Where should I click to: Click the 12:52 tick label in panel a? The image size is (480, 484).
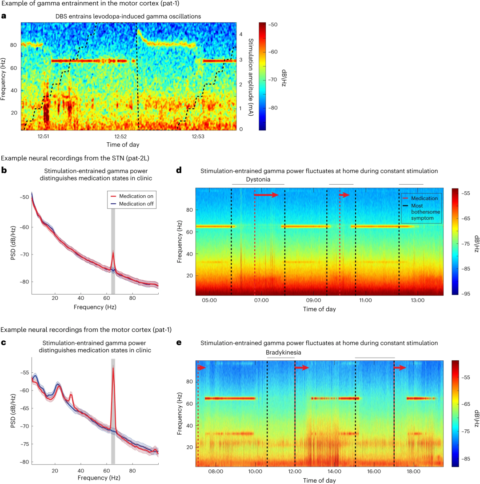coord(121,136)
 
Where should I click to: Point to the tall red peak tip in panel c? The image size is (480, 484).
coord(113,366)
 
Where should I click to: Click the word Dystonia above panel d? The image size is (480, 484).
coord(258,179)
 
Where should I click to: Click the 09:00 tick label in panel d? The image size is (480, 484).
coord(313,301)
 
